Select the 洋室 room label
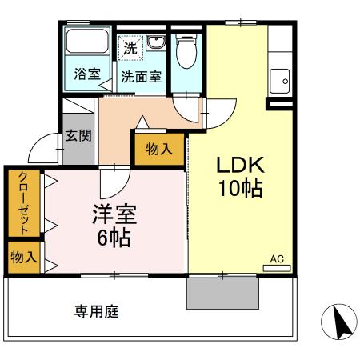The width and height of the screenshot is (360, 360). tap(115, 214)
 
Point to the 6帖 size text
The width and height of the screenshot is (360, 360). tap(115, 237)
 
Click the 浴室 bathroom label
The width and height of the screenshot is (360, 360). tap(86, 75)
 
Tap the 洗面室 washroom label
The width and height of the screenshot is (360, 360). tap(141, 77)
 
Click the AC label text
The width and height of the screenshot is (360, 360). tap(277, 258)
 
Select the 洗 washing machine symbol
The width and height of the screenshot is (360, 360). tap(130, 47)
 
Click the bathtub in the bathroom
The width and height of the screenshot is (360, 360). tap(86, 44)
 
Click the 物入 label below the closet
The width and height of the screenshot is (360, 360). tap(22, 258)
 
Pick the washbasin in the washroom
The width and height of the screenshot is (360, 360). tap(154, 42)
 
